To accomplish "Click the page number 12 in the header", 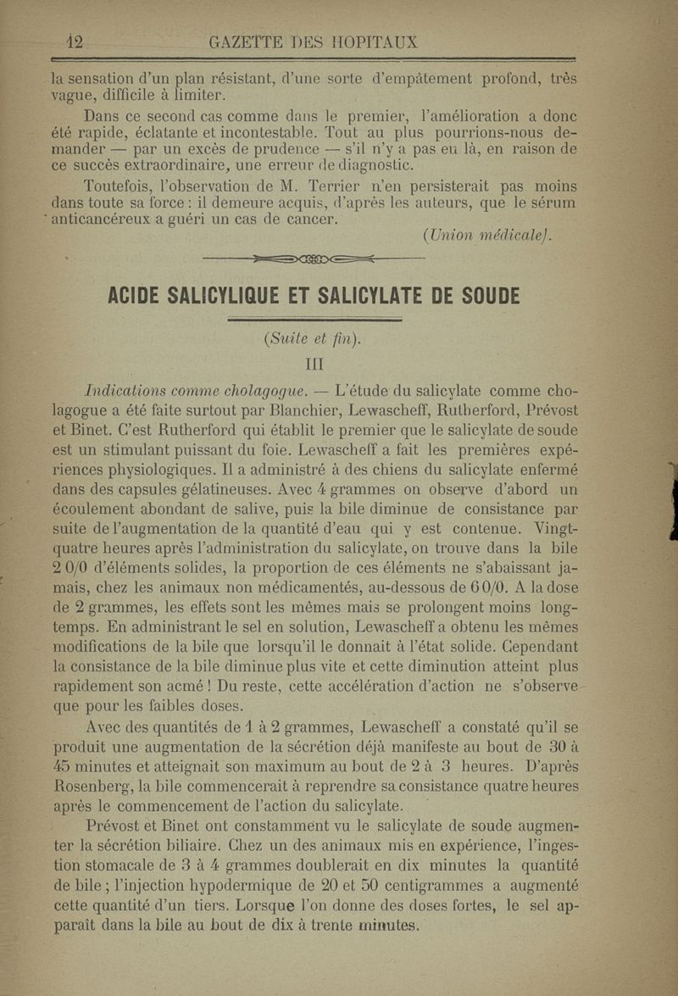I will coord(74,42).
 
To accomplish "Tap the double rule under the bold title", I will coord(314,321).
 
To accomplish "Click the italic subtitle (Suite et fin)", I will coord(312,340).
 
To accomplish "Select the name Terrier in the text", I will coord(335,186).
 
